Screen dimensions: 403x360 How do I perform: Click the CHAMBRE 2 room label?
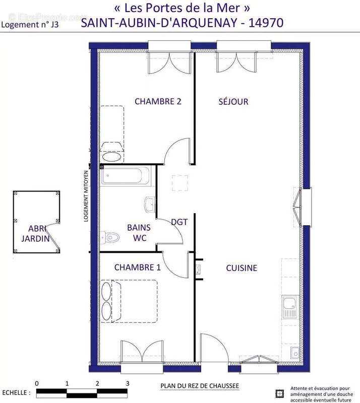[x=158, y=101]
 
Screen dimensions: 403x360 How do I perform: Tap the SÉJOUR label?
[x=233, y=102]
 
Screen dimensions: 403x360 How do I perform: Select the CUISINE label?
[x=241, y=268]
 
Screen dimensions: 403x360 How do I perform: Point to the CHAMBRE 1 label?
[x=137, y=267]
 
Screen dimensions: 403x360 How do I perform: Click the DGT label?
[x=179, y=222]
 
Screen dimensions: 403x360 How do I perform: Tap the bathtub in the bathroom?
[x=126, y=176]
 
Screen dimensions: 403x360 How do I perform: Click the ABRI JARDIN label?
[x=35, y=233]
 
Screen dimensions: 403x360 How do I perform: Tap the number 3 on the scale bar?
[x=128, y=383]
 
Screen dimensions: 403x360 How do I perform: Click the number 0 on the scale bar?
[x=37, y=383]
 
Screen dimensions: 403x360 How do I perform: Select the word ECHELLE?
[x=15, y=392]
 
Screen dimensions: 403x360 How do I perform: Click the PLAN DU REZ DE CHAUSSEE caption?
[x=200, y=386]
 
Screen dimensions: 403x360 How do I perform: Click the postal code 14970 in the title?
[x=263, y=22]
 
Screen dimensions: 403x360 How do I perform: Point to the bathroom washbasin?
[x=150, y=204]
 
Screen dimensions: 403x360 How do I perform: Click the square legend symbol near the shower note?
[x=279, y=393]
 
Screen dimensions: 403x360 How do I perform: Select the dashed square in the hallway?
[x=180, y=183]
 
